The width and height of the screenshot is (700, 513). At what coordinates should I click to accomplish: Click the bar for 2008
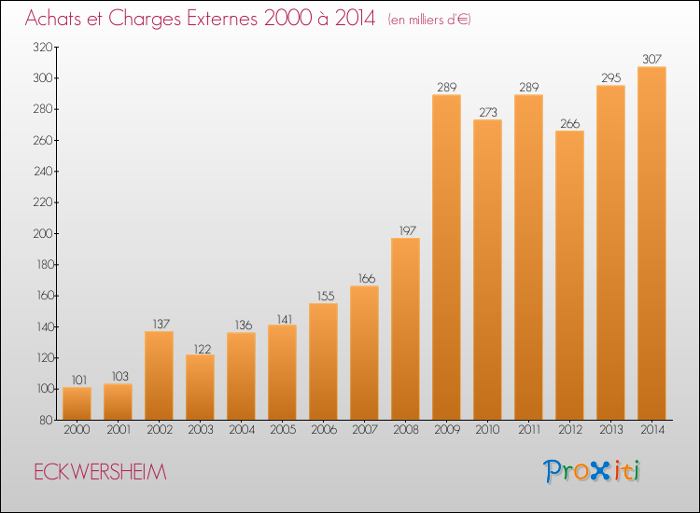coord(405,328)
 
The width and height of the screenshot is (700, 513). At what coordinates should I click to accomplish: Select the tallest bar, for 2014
coord(651,243)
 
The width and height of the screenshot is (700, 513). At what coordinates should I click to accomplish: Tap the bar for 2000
coord(77,403)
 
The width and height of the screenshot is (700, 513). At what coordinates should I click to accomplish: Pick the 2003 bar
coord(200,387)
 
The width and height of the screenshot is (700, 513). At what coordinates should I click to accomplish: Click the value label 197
coord(408,230)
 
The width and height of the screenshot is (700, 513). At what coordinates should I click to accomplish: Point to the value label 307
coord(652,59)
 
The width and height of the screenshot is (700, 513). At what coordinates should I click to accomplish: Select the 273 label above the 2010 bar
coord(488,112)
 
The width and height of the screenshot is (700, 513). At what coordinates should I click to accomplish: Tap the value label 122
coord(203,349)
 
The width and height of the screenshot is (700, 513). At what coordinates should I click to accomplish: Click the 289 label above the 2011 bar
coord(529,87)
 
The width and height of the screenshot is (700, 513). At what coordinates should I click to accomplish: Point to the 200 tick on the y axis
coord(43,233)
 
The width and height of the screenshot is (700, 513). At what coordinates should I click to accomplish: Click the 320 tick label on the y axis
coord(43,47)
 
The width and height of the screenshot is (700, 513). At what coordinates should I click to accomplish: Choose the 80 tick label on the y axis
coord(47,420)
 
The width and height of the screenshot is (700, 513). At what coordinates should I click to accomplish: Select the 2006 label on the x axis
coord(324,430)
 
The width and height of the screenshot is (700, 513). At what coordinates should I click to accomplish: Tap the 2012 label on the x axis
coord(570,430)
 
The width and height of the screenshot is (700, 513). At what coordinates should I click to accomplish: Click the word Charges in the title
coord(144,20)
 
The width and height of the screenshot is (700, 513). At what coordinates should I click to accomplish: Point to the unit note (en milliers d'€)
coord(429,20)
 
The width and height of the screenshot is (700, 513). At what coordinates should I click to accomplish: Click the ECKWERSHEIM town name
coord(100,472)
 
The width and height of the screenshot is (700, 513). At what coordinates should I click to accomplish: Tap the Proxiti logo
coord(592,471)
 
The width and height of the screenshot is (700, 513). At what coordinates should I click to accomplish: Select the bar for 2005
coord(282,372)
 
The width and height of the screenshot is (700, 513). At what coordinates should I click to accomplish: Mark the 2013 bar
coord(610,253)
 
